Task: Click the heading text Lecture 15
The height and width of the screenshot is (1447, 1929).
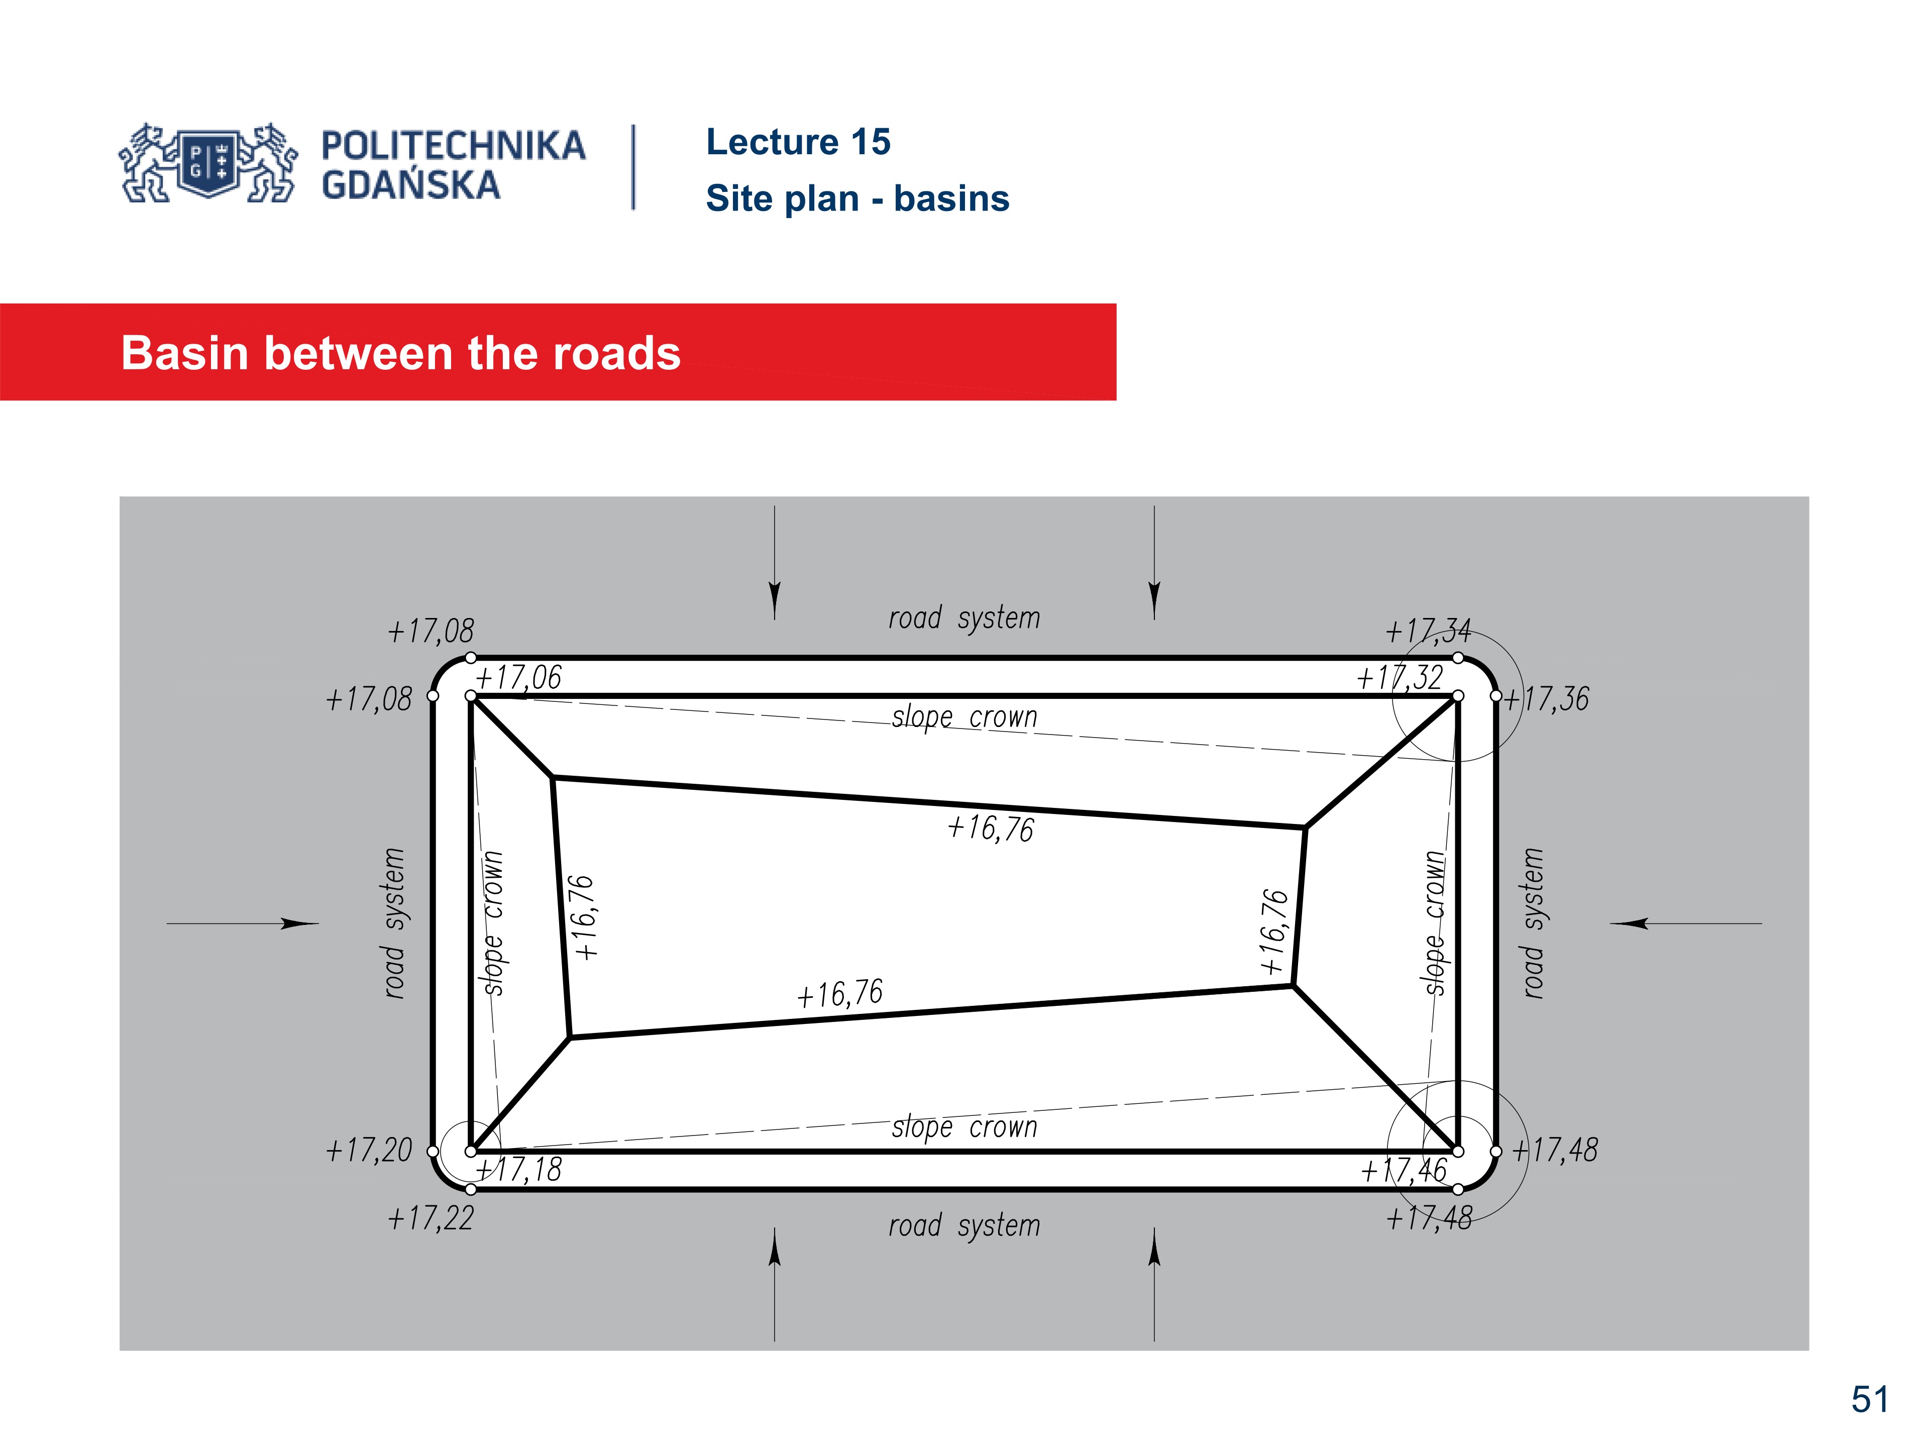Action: click(x=798, y=142)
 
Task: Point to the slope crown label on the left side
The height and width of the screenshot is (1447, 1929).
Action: click(x=494, y=923)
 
